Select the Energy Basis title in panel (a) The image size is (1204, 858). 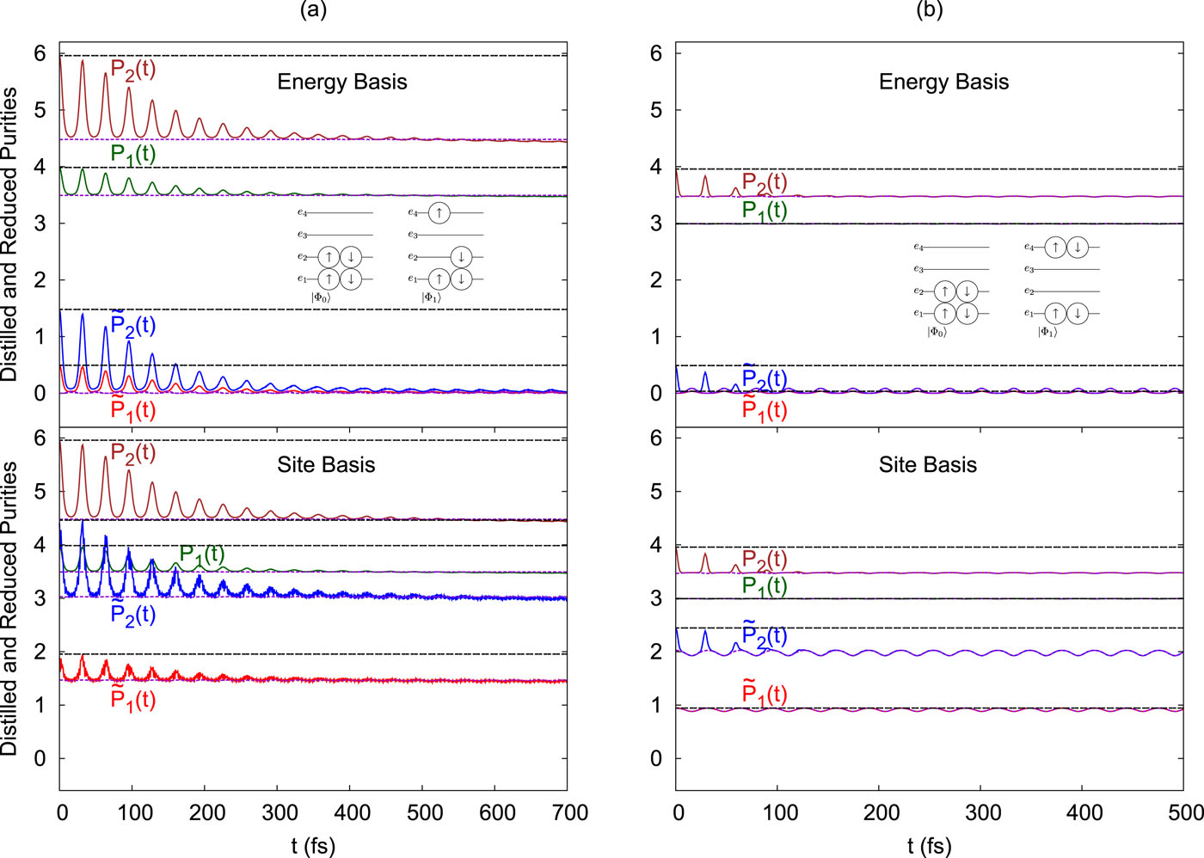342,82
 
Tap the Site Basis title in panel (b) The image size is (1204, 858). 928,465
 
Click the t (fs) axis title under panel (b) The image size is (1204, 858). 929,846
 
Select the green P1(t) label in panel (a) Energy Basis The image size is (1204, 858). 133,154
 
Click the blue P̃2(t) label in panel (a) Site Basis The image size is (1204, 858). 133,613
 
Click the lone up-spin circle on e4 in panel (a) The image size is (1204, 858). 439,212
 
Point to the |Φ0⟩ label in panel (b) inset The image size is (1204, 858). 937,332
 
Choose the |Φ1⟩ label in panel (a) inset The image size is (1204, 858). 431,297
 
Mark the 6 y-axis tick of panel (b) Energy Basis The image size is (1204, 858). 656,53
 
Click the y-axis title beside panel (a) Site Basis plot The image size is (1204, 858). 9,608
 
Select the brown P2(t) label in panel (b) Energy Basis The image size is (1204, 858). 765,182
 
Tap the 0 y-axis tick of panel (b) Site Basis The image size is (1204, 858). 656,759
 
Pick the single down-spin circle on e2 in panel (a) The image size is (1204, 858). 461,257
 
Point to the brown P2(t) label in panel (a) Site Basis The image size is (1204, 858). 133,452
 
